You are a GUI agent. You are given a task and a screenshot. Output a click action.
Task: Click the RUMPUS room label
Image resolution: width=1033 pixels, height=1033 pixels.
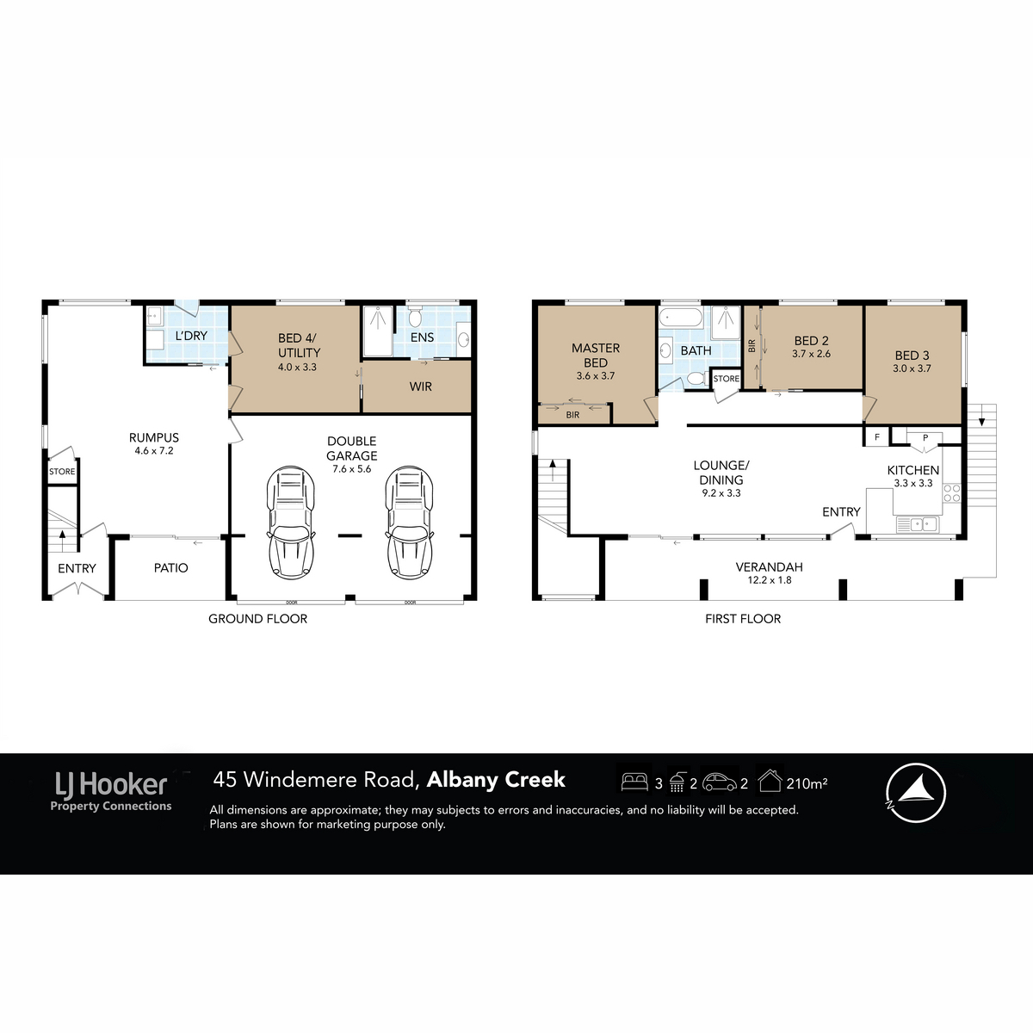154,437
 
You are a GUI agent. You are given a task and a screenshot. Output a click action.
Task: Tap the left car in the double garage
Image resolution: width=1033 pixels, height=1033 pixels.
291,523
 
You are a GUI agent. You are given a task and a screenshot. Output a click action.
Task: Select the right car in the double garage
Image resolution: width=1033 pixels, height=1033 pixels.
409,523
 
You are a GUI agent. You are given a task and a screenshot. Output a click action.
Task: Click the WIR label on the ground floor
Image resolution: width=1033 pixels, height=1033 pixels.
420,387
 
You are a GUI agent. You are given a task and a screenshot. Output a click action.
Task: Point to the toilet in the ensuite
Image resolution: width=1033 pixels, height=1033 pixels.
415,318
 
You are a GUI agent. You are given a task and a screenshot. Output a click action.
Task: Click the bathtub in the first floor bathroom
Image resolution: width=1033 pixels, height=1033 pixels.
680,318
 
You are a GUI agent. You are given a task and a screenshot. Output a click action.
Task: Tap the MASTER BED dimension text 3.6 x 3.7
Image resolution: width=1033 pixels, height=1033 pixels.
596,376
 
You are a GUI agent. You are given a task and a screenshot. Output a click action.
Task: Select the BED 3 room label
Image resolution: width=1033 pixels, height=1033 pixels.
912,356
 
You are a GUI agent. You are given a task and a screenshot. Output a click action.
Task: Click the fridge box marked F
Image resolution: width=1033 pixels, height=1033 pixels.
877,437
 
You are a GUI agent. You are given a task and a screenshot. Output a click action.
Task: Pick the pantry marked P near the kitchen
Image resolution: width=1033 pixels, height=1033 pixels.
925,437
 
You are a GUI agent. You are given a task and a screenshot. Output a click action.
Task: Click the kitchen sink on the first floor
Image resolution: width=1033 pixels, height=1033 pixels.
917,524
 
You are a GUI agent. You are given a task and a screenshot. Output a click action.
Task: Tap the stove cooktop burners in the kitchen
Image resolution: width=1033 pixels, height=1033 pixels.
951,493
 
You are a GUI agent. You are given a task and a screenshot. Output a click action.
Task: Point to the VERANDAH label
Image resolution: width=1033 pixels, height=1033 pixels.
769,566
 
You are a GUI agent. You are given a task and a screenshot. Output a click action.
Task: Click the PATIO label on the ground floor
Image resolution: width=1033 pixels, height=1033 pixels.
171,567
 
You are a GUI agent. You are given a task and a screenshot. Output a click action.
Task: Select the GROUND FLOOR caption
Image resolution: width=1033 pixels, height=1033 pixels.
258,619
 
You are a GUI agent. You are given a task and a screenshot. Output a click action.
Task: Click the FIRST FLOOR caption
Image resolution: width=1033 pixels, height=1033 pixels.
743,619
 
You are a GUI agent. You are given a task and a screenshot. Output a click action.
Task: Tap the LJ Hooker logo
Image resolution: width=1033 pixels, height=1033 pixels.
112,792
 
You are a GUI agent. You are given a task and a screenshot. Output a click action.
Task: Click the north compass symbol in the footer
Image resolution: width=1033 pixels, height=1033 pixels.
916,792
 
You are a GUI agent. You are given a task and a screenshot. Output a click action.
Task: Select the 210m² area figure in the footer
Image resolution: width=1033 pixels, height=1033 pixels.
807,783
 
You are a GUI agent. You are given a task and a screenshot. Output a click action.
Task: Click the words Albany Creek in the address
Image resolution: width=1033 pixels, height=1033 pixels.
496,779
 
